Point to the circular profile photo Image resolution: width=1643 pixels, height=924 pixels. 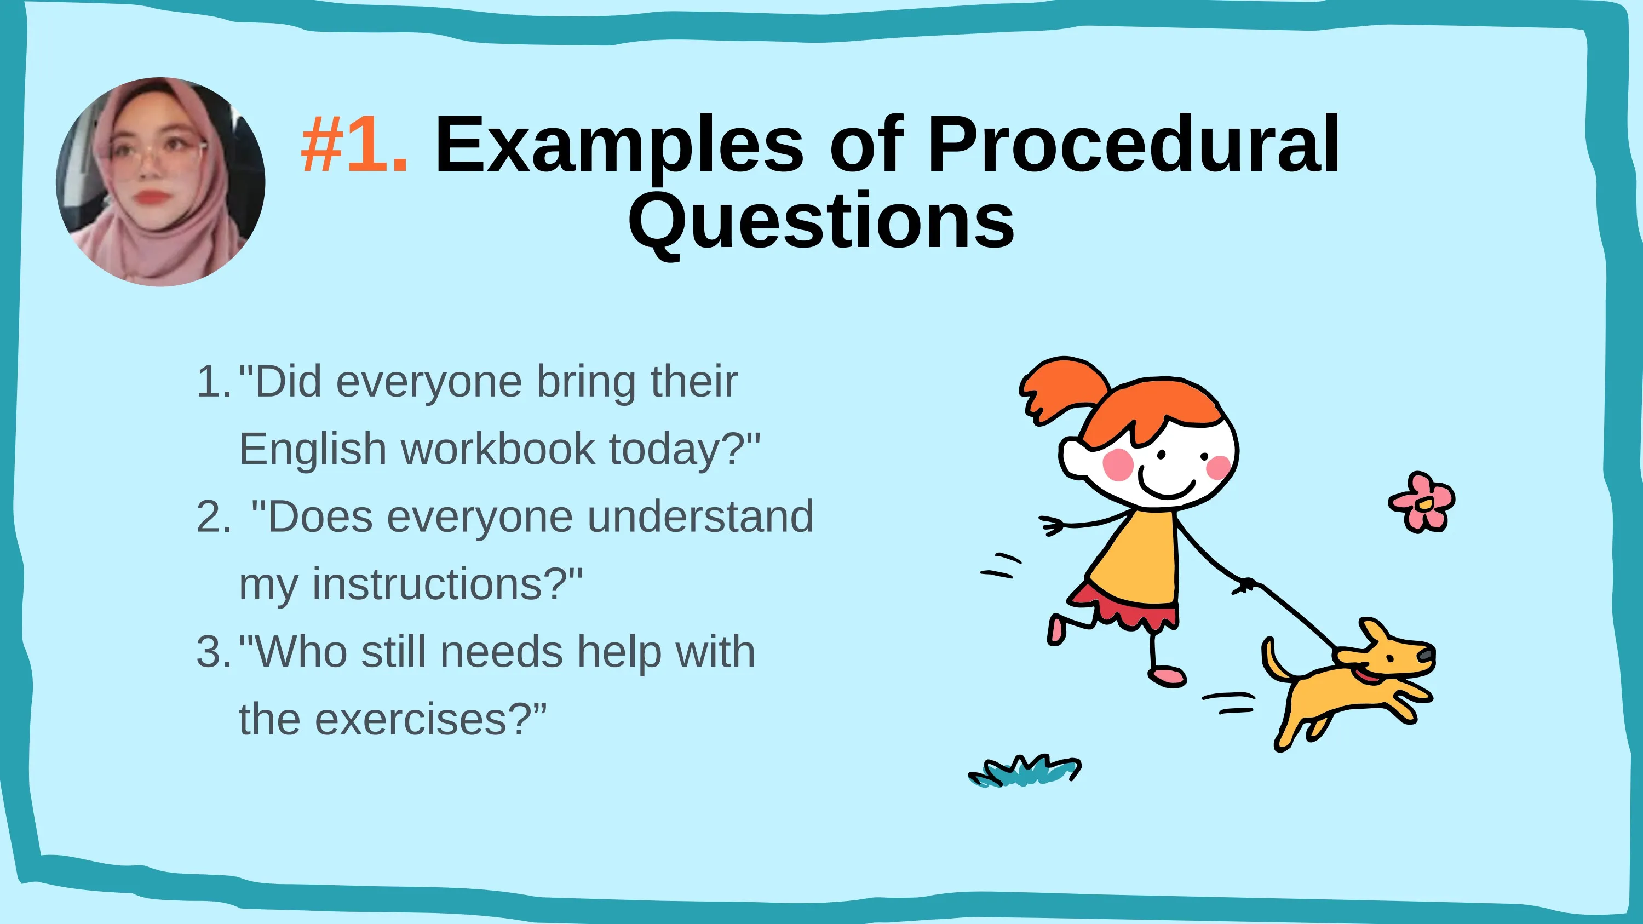click(160, 182)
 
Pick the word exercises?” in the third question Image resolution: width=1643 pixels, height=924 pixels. click(431, 720)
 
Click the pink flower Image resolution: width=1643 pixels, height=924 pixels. click(1422, 502)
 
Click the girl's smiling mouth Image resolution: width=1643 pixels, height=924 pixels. click(1167, 486)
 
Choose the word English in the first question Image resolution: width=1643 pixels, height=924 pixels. click(313, 450)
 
